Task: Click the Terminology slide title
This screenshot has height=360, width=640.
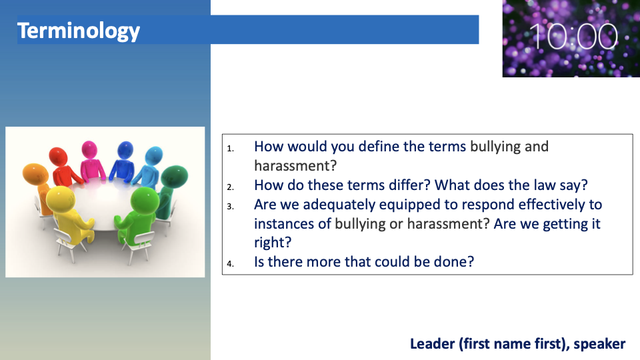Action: pos(79,31)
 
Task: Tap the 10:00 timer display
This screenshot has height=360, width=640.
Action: pos(573,37)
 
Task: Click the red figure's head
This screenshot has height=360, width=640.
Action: pos(58,157)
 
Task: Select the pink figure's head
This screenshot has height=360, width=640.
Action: pos(89,150)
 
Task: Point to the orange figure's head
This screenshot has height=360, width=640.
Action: pos(35,173)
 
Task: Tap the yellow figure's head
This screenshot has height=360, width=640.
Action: pos(61,199)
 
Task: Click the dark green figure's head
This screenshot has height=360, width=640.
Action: pos(175,176)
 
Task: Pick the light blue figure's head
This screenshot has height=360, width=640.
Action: pos(154,155)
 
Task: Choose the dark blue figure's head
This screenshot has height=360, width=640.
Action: pos(125,150)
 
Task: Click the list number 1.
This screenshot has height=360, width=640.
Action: pos(231,148)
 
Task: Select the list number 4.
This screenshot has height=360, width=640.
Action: pos(231,264)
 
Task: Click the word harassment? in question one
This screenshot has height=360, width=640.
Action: pos(295,166)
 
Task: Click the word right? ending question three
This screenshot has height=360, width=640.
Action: pos(273,243)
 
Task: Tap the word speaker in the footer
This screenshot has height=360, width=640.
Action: pos(599,344)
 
